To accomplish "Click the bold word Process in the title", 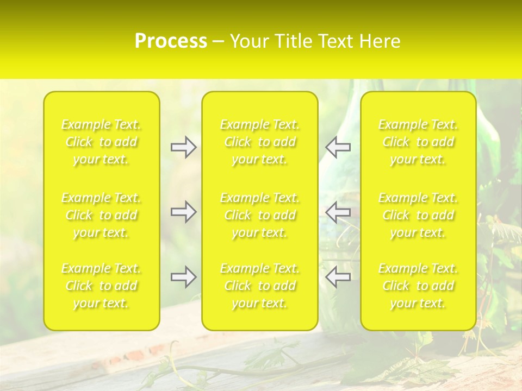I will point(171,41).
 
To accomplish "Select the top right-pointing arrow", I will point(183,147).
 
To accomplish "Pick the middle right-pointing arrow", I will point(183,212).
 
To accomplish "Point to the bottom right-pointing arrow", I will point(183,277).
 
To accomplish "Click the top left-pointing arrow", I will point(338,147).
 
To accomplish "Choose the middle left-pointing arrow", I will point(338,212).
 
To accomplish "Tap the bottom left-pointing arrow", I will point(338,277).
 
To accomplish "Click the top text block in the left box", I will point(101,142).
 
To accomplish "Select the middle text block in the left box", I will point(101,215).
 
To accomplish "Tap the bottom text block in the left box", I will point(101,286).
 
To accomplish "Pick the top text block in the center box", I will point(260,142).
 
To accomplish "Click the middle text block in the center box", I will point(260,215).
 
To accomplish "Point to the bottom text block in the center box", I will point(260,286).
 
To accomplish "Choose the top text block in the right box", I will point(418,142).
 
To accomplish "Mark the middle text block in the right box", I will point(418,215).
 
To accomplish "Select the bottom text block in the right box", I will point(418,286).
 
